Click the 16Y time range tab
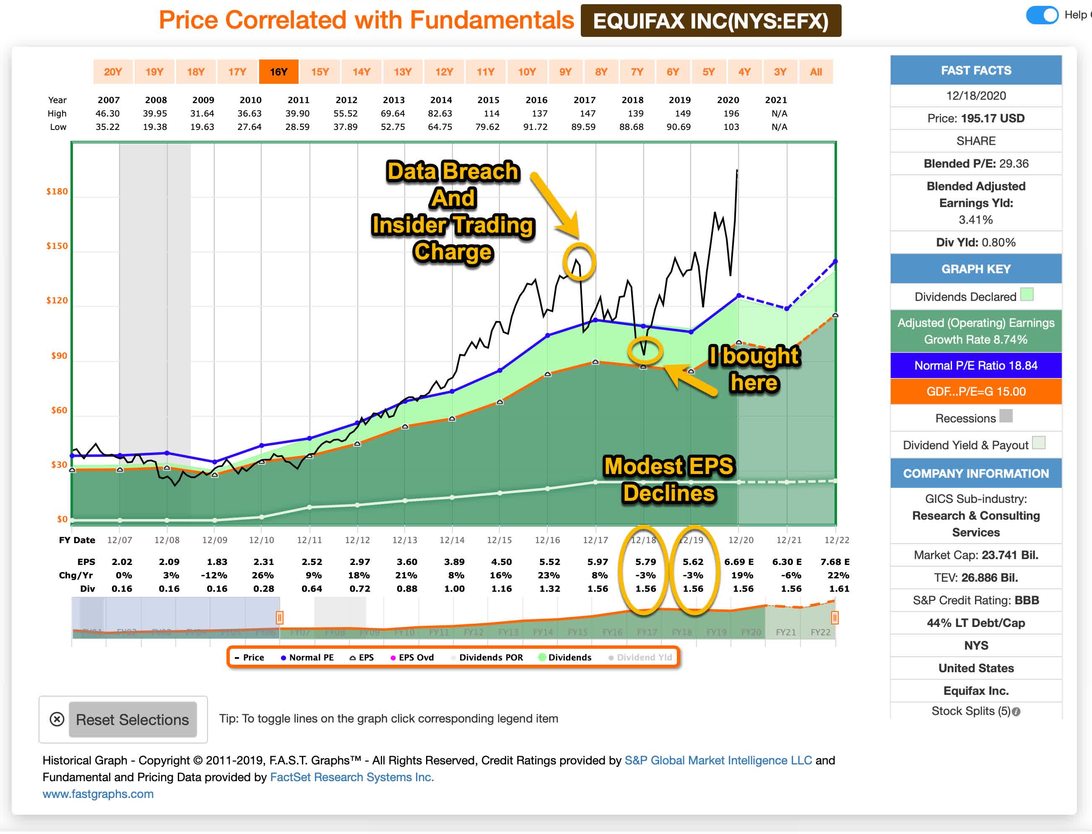[278, 72]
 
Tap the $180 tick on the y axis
[57, 192]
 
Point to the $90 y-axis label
[59, 355]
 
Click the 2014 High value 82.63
[440, 114]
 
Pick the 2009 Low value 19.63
[202, 127]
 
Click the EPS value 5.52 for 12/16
[549, 562]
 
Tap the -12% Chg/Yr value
[217, 575]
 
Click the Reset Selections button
[133, 720]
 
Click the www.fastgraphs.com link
[98, 794]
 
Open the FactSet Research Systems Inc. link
[351, 777]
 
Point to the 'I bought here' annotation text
[754, 369]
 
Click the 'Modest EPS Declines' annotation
[668, 479]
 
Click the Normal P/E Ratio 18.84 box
[976, 366]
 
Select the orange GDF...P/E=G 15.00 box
[976, 392]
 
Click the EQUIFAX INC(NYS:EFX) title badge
[711, 21]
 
